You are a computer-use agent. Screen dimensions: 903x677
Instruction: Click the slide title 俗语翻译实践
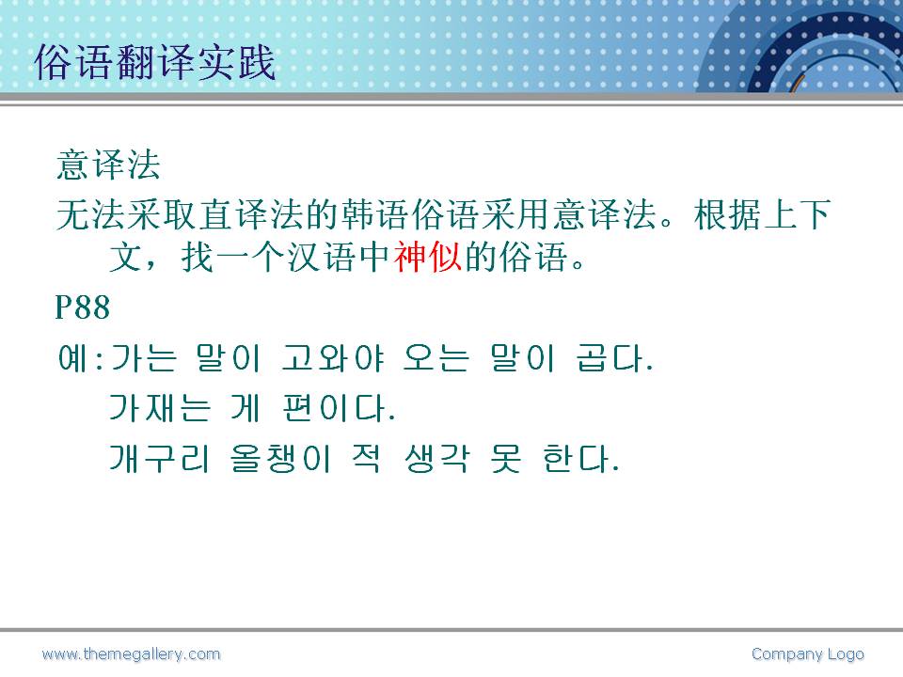tap(155, 62)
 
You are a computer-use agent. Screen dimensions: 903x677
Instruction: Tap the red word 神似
tap(428, 256)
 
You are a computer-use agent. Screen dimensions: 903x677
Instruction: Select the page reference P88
tap(83, 307)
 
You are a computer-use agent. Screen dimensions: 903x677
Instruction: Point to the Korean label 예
tap(73, 357)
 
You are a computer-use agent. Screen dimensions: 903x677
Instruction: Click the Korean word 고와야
tap(333, 357)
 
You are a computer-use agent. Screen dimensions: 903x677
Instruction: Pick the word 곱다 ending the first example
tap(614, 357)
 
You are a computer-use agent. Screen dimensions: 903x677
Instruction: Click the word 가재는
tap(160, 408)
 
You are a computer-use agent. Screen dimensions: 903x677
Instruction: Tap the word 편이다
tap(340, 408)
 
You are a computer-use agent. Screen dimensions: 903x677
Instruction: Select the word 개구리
tap(160, 459)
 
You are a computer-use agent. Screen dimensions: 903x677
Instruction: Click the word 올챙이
tap(280, 459)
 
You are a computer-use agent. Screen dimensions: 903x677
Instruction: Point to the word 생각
tap(437, 459)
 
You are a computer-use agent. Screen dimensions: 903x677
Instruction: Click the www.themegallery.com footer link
tap(132, 654)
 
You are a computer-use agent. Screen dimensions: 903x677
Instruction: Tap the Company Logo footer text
tap(808, 654)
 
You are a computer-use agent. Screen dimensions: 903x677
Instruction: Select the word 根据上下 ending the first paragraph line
tap(762, 214)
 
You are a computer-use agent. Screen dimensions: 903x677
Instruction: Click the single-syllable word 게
tap(246, 408)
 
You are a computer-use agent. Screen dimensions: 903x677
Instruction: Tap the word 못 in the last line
tap(506, 459)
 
